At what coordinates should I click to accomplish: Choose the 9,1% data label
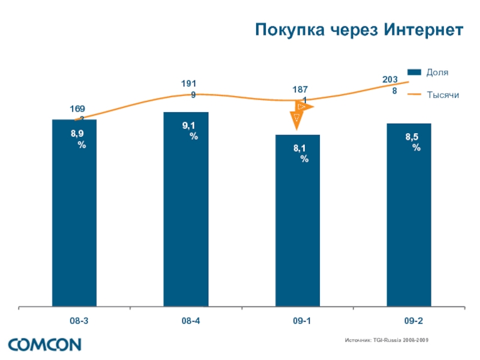point(191,131)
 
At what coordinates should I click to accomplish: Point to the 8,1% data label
point(302,153)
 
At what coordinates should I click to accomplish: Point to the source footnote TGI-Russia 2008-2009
point(387,340)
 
